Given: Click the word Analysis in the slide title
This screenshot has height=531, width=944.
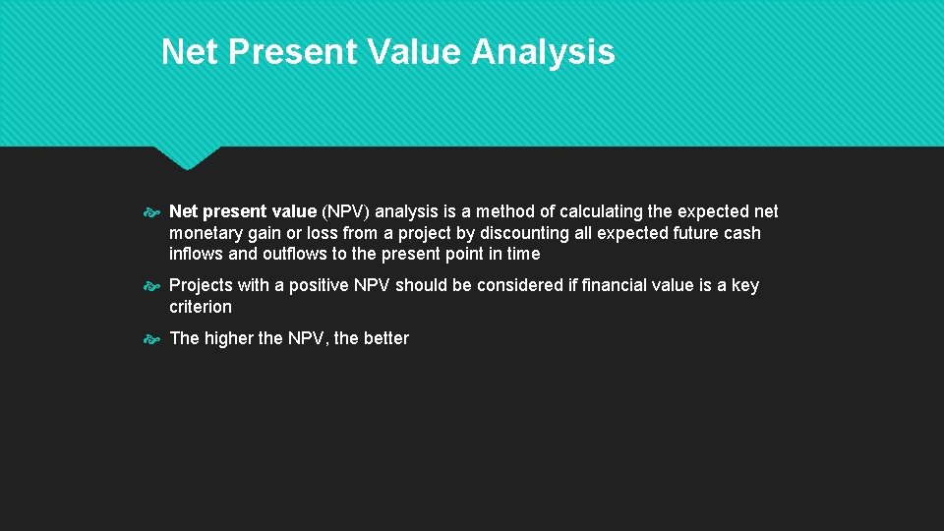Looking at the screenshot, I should pyautogui.click(x=543, y=51).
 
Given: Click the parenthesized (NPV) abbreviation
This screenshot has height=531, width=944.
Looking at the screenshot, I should pyautogui.click(x=346, y=211).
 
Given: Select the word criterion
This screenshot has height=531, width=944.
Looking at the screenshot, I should pyautogui.click(x=201, y=307).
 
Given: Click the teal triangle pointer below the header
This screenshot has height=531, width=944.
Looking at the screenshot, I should pyautogui.click(x=187, y=156).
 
